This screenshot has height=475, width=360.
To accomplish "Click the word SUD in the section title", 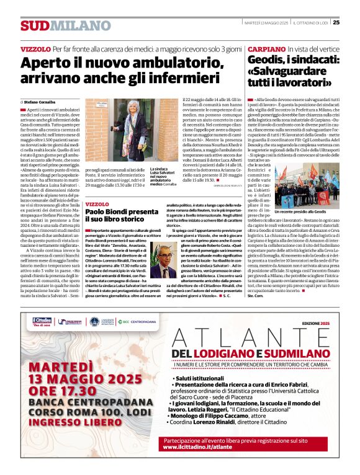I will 35,25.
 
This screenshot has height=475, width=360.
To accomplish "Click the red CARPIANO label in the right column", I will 266,48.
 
